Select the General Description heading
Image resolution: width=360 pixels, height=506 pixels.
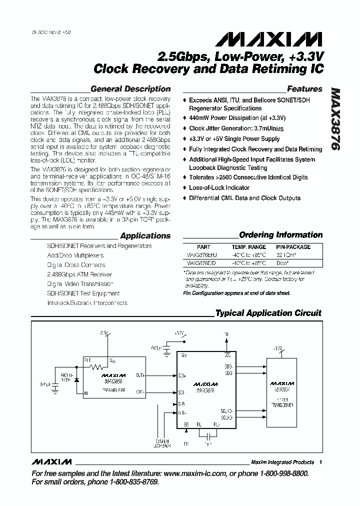click(x=130, y=89)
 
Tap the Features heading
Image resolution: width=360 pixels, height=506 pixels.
click(x=304, y=89)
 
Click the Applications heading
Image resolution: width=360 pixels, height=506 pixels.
click(x=145, y=235)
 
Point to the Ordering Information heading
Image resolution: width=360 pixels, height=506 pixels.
click(x=280, y=234)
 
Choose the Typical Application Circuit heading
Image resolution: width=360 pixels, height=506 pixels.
click(x=268, y=313)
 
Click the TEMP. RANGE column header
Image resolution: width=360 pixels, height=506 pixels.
click(x=248, y=247)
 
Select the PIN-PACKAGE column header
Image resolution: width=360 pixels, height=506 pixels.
click(x=293, y=247)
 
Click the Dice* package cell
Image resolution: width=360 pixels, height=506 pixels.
click(x=282, y=262)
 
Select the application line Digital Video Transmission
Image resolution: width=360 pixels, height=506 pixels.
click(x=79, y=283)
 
